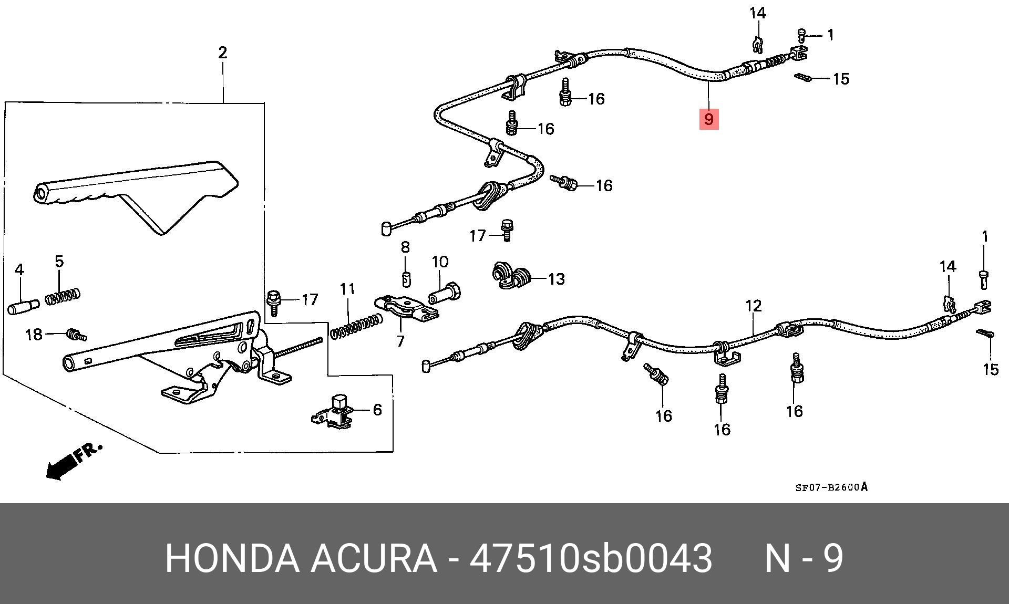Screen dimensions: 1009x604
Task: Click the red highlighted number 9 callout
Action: [x=708, y=119]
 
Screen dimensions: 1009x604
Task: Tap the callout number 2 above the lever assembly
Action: [x=222, y=53]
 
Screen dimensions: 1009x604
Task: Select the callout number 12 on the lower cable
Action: [x=753, y=306]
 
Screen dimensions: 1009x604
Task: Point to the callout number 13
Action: [x=556, y=279]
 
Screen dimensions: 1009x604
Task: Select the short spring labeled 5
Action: [x=63, y=296]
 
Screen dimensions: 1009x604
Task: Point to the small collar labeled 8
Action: [x=405, y=279]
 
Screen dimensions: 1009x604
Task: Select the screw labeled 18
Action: [x=76, y=334]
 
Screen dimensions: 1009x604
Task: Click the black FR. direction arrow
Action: [x=62, y=465]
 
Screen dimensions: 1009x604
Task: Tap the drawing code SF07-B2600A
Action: [x=831, y=487]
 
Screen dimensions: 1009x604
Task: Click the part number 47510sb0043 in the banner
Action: [x=591, y=558]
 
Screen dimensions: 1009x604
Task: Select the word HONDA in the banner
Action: [x=231, y=558]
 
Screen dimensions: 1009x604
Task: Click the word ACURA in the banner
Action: [x=374, y=558]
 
